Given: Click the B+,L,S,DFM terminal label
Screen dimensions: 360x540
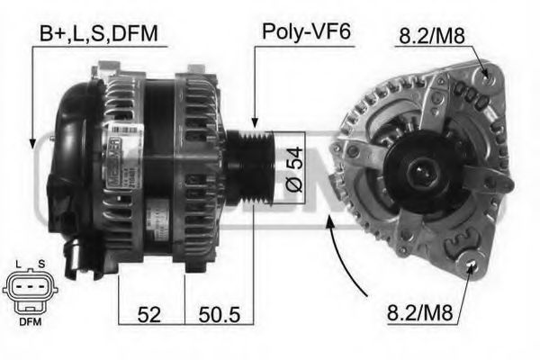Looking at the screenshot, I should pyautogui.click(x=98, y=33).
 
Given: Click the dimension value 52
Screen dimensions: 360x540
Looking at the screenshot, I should pyautogui.click(x=149, y=315).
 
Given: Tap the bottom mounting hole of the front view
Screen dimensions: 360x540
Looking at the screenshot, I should pyautogui.click(x=472, y=263).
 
